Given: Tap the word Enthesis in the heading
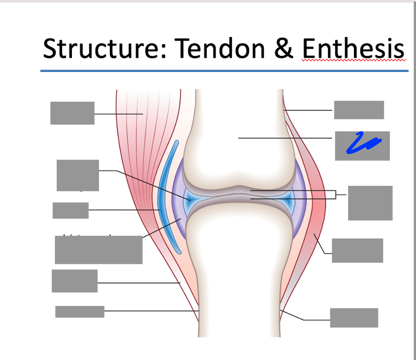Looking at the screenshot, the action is (353, 49).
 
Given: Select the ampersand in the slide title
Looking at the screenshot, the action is (283, 49).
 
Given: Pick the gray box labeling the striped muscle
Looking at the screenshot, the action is (72, 113).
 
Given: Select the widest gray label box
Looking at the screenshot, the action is (99, 250).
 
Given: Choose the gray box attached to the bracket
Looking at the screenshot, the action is (370, 203).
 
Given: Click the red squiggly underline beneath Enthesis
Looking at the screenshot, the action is (353, 60).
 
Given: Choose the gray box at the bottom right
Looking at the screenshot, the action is (354, 318).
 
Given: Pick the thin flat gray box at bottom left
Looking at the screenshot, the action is (80, 311).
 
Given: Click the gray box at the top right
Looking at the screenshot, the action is (359, 110).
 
